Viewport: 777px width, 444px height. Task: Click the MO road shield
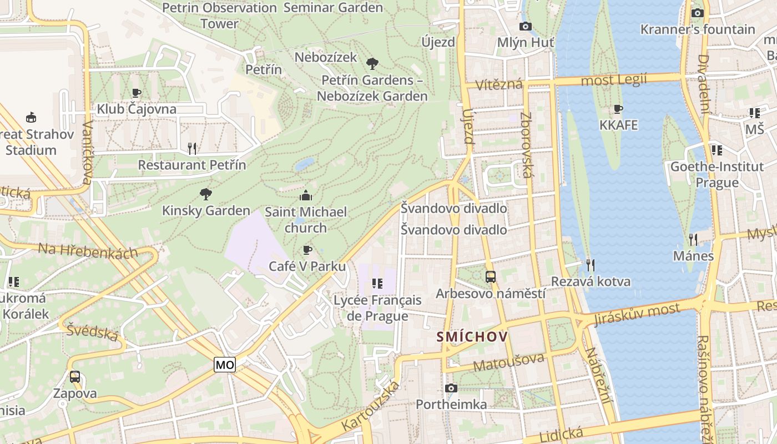coord(225,365)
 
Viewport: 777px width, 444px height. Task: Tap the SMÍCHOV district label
coord(472,336)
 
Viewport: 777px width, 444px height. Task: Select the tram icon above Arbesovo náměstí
coord(491,276)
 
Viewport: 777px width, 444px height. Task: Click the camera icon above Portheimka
coord(451,388)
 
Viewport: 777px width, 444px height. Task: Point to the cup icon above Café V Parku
coord(307,250)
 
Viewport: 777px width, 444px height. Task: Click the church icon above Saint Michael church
coord(305,195)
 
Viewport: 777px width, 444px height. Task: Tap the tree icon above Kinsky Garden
coord(206,194)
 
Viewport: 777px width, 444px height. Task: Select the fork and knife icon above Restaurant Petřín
coord(192,148)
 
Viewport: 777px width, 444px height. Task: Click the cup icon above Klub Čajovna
coord(137,93)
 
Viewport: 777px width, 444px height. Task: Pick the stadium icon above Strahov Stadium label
coord(32,117)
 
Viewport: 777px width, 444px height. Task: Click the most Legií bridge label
coord(613,80)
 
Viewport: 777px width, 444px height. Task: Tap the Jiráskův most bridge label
coord(637,314)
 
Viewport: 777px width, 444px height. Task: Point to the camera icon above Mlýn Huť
coord(525,26)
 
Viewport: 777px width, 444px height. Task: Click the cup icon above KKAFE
coord(618,109)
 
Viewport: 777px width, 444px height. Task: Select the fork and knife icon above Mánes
coord(693,239)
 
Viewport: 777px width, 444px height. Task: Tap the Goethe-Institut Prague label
coord(717,174)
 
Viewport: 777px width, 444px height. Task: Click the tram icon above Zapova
coord(75,377)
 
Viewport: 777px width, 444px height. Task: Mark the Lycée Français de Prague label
coord(377,308)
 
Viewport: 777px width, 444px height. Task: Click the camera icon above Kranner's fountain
coord(698,13)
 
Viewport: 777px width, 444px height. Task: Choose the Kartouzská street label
coord(371,406)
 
